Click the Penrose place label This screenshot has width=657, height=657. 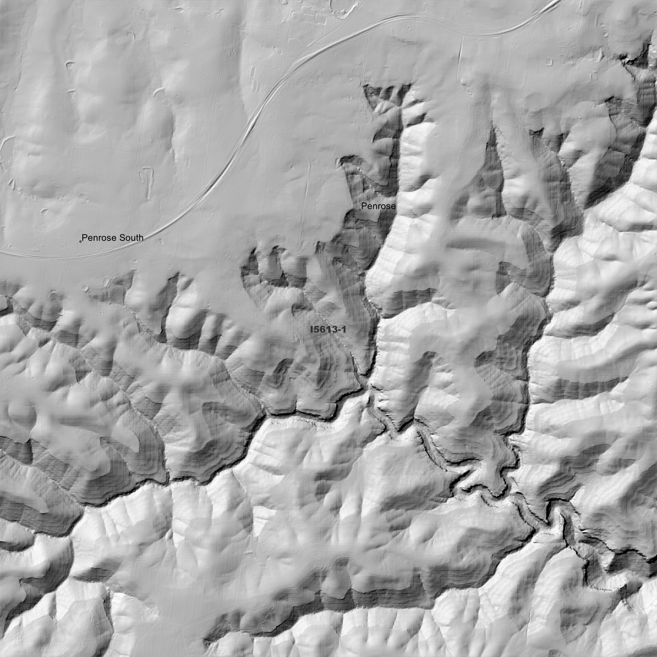tap(378, 206)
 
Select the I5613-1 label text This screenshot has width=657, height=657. tap(328, 330)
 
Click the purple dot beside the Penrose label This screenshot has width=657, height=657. tap(360, 210)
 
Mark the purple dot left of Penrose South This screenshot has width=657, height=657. tap(80, 241)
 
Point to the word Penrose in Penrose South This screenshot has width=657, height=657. tap(99, 238)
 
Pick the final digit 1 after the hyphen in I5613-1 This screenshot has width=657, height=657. tap(344, 330)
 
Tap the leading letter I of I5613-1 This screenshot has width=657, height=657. tap(311, 330)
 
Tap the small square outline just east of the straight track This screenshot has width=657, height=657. tap(550, 60)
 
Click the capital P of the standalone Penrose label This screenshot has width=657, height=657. tap(364, 206)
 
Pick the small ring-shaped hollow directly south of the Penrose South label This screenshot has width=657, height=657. tap(86, 287)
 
